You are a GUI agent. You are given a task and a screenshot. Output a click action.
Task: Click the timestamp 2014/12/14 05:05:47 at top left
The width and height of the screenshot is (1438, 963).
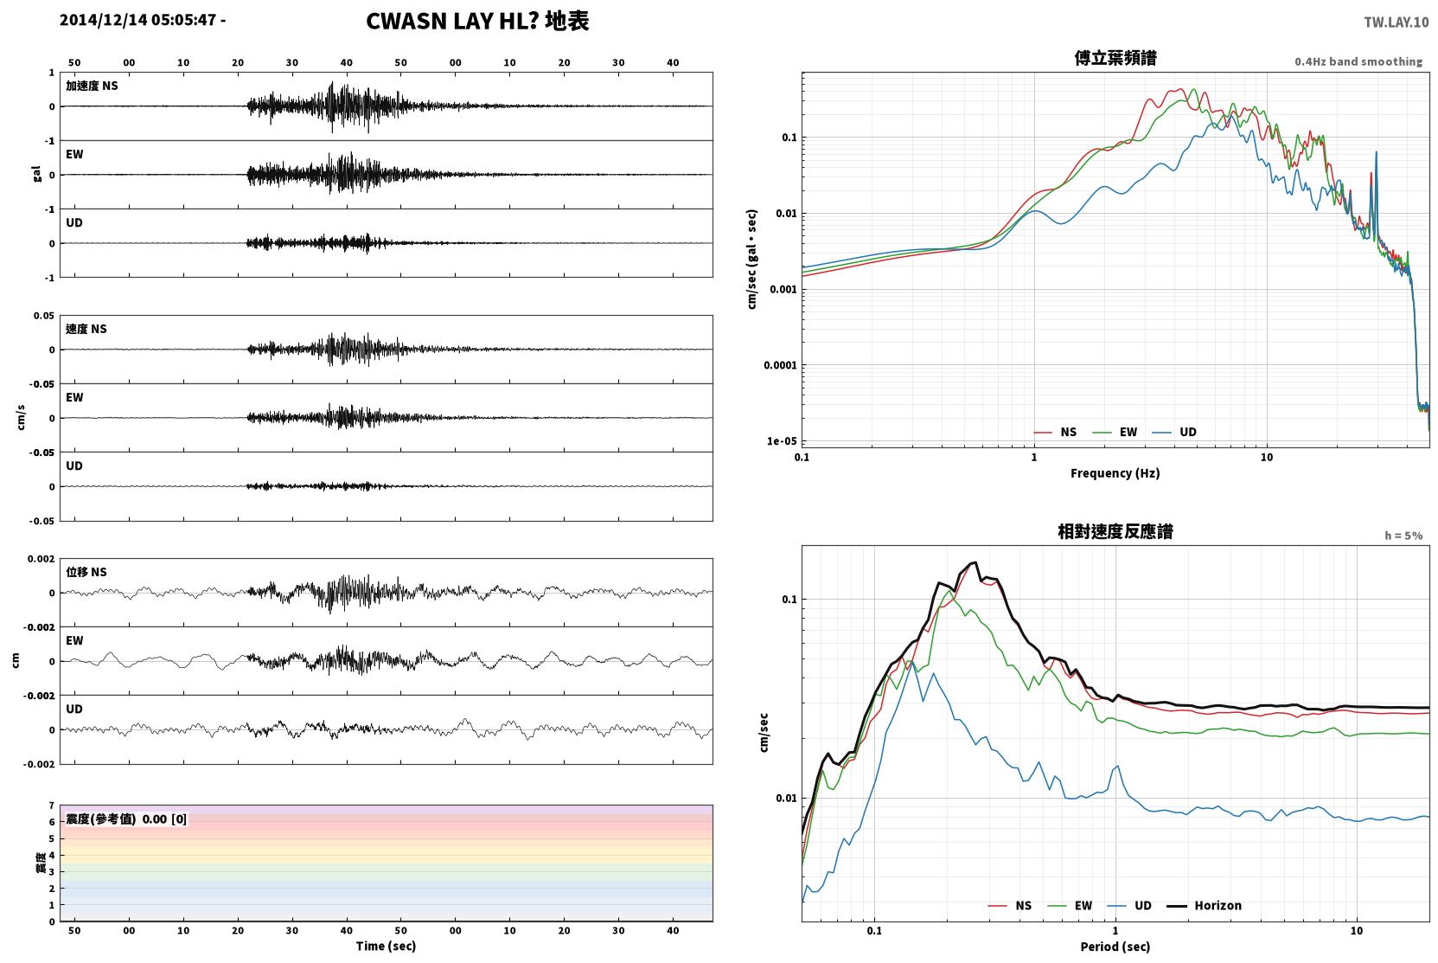[x=138, y=20]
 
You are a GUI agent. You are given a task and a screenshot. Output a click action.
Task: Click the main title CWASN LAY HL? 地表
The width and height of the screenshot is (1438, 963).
[x=477, y=22]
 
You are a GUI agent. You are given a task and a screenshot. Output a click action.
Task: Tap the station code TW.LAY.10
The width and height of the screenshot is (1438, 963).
[x=1396, y=22]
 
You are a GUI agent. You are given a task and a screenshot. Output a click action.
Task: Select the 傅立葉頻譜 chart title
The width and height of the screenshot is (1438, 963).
[x=1115, y=58]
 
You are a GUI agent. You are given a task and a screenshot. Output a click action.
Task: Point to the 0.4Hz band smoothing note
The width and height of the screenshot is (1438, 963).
[x=1358, y=61]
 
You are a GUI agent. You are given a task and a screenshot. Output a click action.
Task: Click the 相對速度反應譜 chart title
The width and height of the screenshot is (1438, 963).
[x=1115, y=531]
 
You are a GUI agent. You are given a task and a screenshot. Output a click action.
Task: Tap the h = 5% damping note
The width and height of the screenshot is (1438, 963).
[x=1403, y=535]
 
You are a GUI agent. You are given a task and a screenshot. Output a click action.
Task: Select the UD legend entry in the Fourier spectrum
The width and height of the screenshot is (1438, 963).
[x=1175, y=432]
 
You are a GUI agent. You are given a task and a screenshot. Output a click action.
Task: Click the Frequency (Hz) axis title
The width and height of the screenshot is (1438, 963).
[x=1115, y=473]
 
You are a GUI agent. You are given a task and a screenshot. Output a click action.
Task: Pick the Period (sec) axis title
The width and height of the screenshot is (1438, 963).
[x=1115, y=947]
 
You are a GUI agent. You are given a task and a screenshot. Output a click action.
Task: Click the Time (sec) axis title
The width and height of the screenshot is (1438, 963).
[x=386, y=946]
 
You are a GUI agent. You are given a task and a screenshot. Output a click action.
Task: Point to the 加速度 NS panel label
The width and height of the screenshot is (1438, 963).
[x=92, y=86]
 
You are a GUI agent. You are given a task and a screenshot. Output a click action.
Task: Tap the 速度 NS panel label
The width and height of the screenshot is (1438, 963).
[x=86, y=329]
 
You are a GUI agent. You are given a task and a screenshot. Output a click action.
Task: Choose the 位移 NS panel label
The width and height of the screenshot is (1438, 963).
[x=86, y=572]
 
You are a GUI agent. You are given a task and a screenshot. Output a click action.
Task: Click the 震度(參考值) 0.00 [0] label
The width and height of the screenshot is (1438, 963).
[x=126, y=819]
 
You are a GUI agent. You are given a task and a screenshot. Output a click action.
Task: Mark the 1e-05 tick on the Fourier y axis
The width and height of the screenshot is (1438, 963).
[x=782, y=440]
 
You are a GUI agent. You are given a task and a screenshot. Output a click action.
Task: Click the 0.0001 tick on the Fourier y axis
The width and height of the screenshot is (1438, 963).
[x=780, y=365]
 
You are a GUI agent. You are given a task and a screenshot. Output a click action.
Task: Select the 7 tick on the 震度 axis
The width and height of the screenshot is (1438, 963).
[x=52, y=806]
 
